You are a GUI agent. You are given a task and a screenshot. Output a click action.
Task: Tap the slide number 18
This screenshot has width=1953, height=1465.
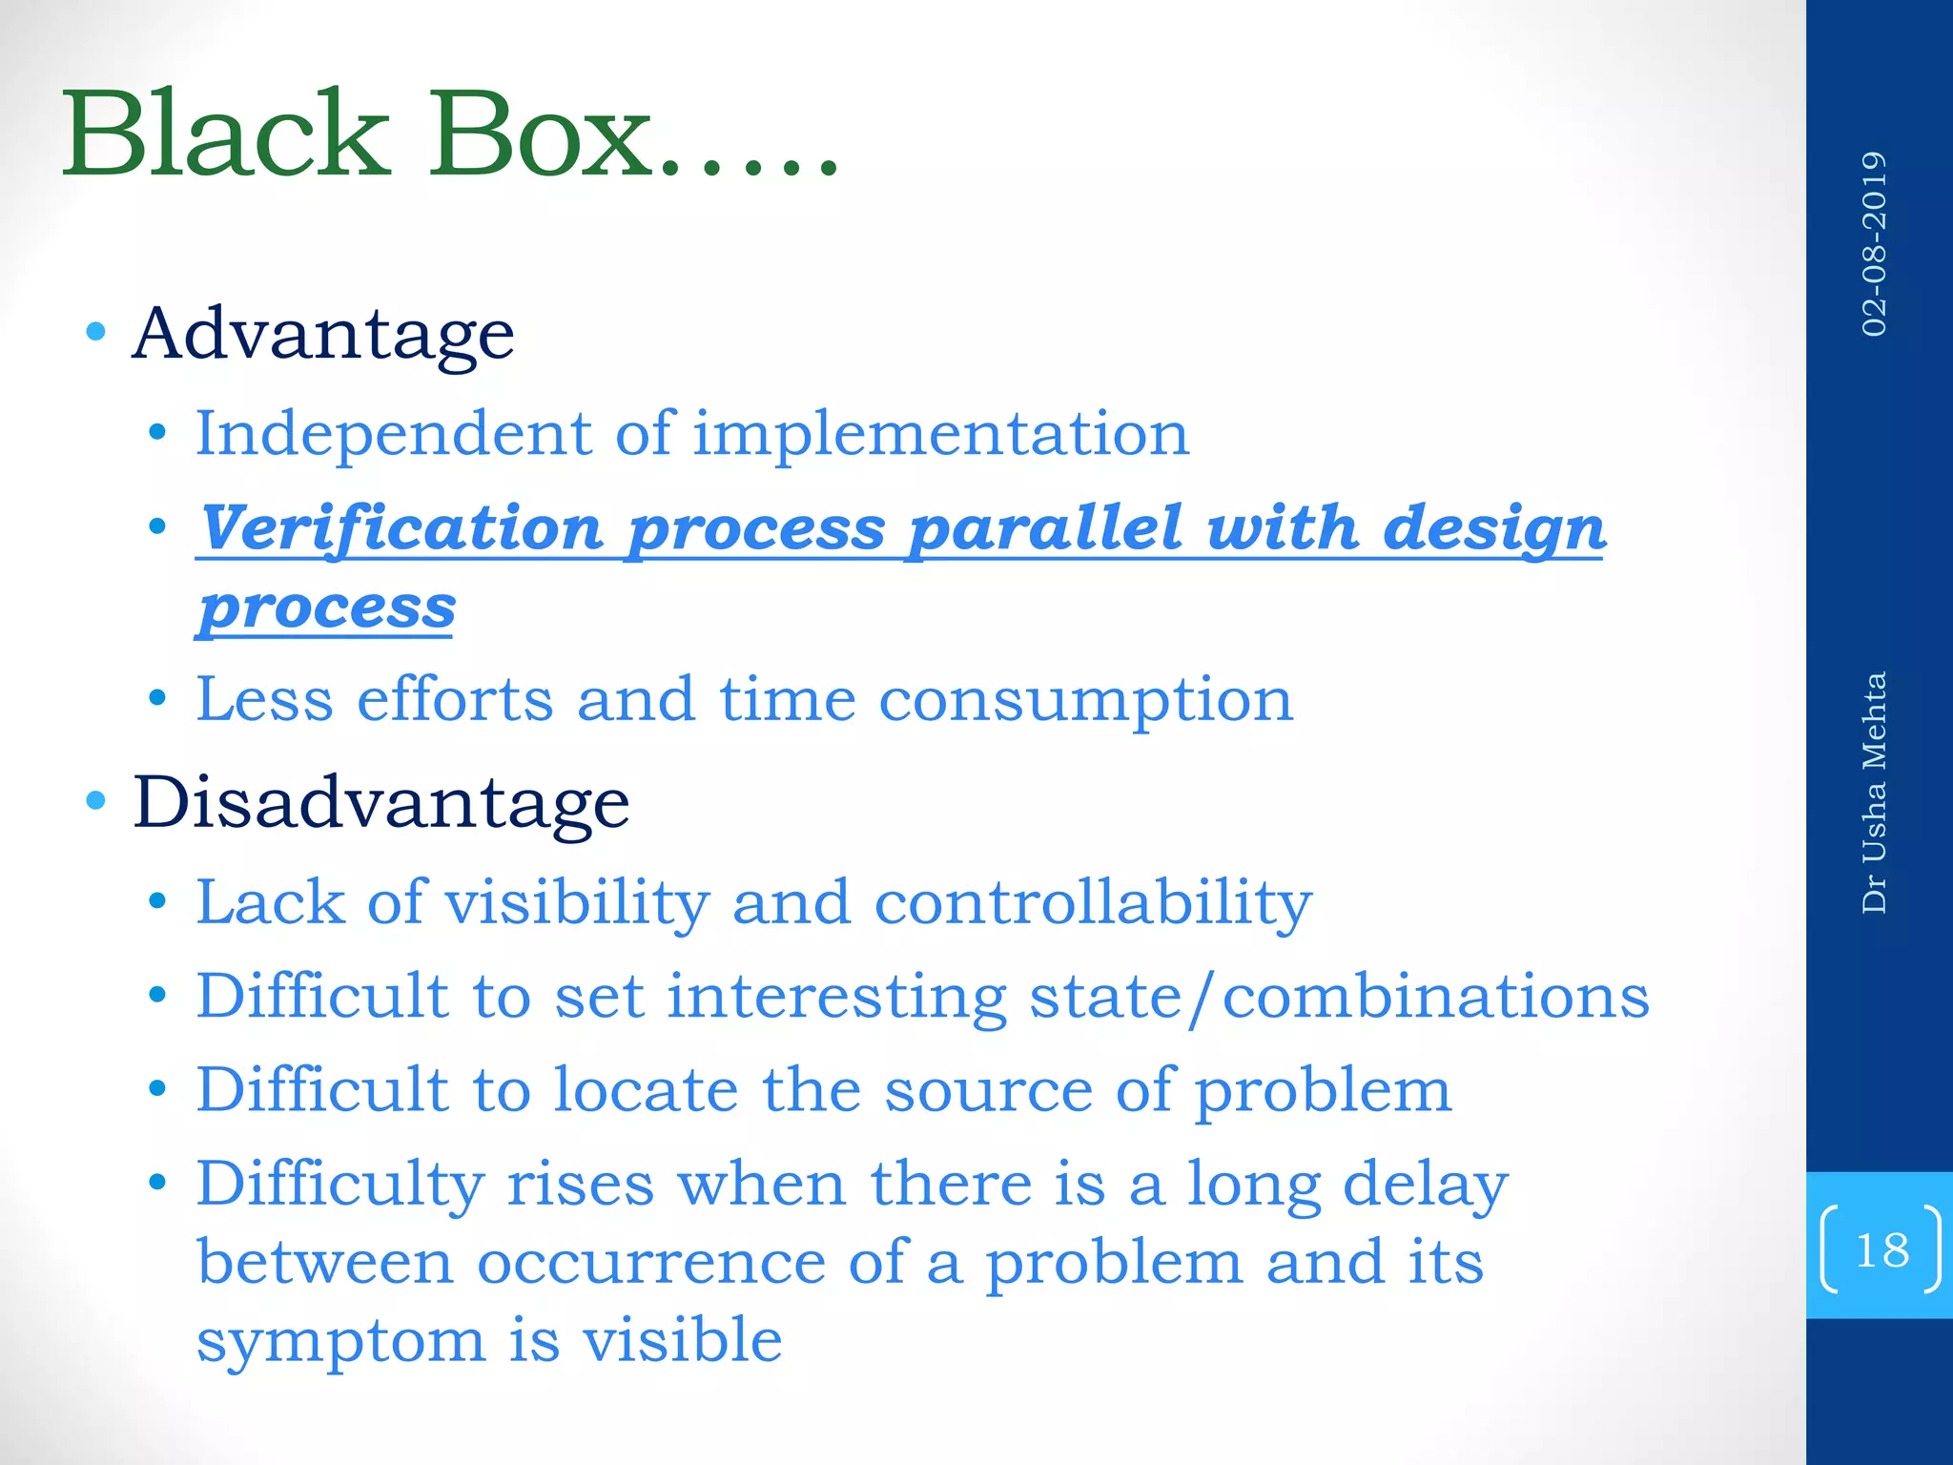coord(1881,1249)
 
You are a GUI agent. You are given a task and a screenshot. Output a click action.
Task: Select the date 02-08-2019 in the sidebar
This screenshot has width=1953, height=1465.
coord(1874,244)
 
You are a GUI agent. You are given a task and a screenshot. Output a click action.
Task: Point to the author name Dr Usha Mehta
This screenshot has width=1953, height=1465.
coord(1874,793)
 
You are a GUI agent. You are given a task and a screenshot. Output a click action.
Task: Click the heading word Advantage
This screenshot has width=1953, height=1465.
coord(323,335)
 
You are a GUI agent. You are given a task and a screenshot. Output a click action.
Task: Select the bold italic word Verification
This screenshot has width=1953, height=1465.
coord(401,527)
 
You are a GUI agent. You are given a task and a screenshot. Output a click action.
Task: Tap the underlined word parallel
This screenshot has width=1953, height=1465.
coord(1045,527)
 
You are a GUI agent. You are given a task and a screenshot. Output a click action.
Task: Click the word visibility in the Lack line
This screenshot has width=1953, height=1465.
coord(576,902)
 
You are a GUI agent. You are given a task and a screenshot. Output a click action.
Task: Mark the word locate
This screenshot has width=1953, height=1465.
coord(646,1089)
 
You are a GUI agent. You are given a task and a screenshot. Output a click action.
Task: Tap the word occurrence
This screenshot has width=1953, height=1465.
coord(650,1263)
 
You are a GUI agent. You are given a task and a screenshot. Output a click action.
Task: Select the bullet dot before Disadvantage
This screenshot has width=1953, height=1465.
coord(95,800)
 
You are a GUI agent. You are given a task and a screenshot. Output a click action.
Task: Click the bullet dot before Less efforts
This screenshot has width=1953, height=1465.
coord(158,698)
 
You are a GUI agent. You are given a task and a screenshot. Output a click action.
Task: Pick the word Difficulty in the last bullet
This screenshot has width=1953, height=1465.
coord(339,1185)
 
